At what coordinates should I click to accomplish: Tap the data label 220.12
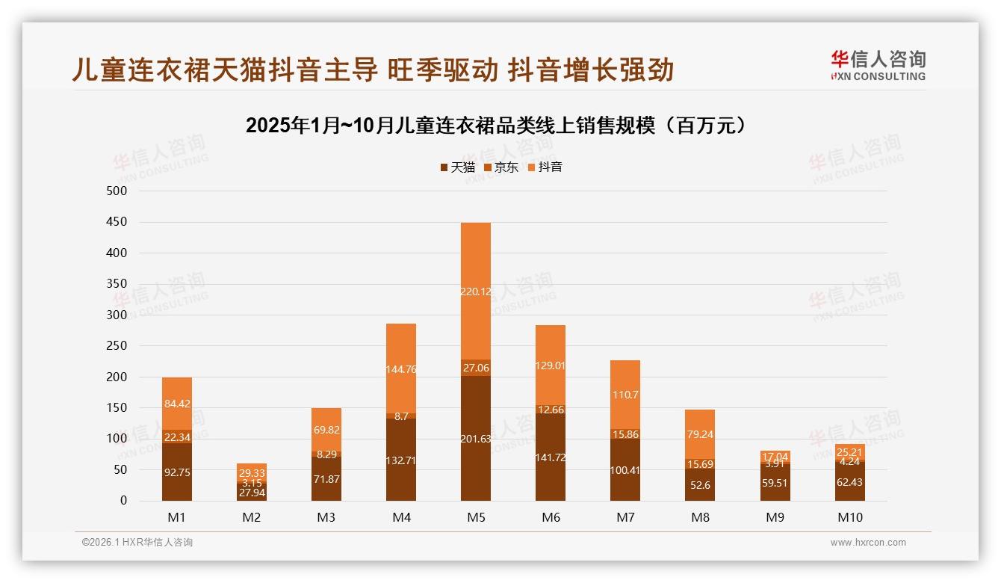point(476,291)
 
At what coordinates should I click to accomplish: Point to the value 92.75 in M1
point(177,472)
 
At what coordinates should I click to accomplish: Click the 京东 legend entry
point(500,167)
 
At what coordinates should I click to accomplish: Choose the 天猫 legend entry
point(457,167)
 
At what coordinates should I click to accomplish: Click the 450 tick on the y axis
point(117,222)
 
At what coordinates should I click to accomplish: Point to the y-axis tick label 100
point(117,439)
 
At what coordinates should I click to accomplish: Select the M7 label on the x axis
point(625,517)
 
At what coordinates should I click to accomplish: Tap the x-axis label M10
point(849,517)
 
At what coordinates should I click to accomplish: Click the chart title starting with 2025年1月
point(496,126)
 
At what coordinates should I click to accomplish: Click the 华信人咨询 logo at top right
point(878,65)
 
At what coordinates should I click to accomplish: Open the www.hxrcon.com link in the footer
point(868,543)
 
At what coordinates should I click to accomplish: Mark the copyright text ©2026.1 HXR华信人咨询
point(137,543)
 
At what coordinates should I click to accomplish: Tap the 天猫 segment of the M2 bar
point(252,492)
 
